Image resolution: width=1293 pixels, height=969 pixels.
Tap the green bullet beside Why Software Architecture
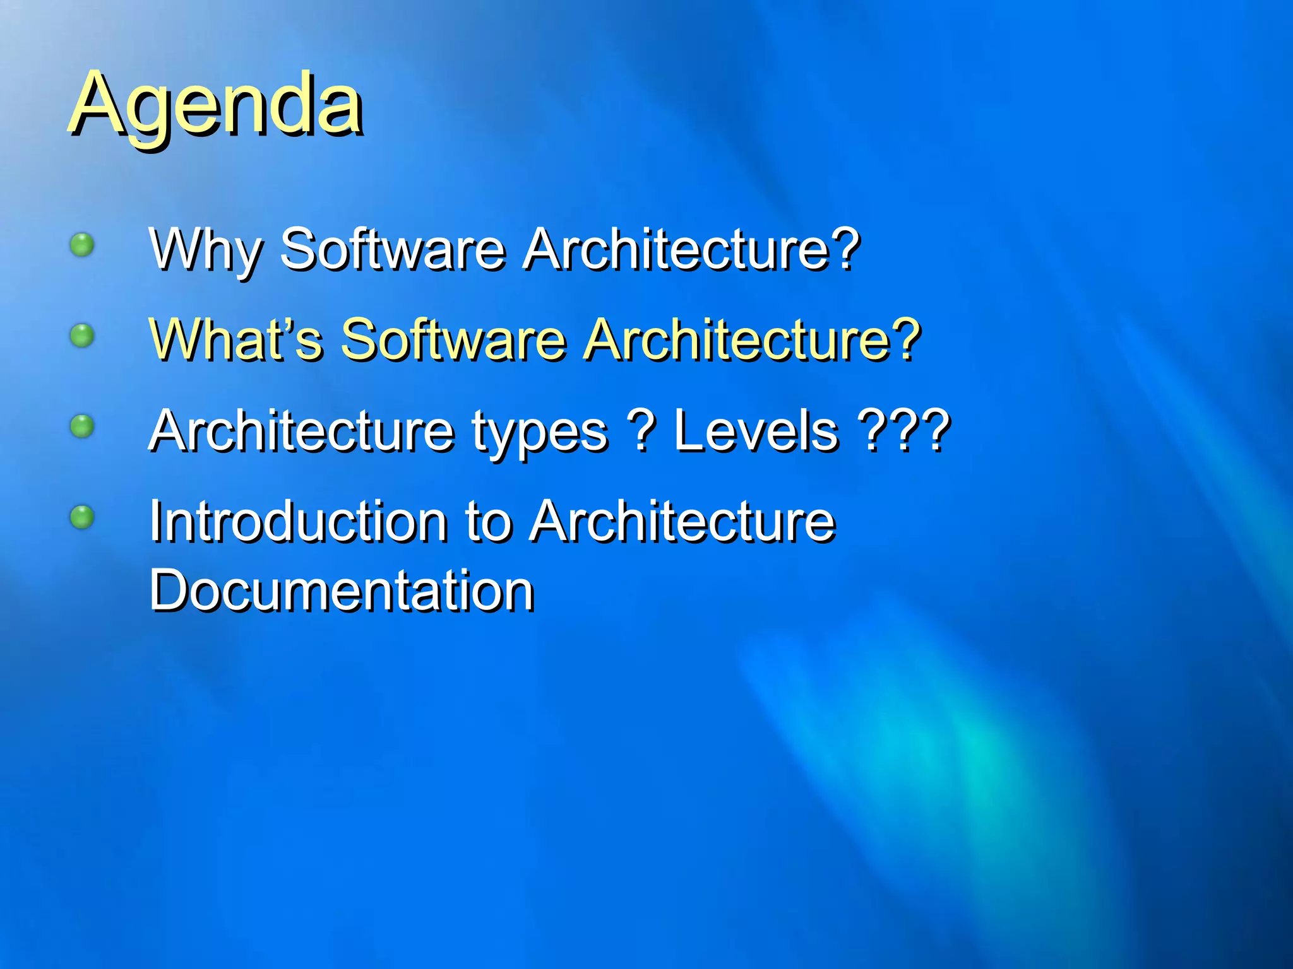click(x=82, y=244)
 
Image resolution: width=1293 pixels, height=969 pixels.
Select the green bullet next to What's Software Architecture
click(x=82, y=336)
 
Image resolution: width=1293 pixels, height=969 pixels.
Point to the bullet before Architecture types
click(x=82, y=426)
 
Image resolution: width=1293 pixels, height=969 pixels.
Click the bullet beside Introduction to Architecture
click(x=82, y=517)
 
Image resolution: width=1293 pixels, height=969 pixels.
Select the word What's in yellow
click(x=236, y=341)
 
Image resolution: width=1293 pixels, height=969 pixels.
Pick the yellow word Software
click(x=453, y=341)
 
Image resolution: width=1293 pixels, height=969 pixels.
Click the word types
click(x=540, y=433)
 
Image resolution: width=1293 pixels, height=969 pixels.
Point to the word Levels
click(x=756, y=432)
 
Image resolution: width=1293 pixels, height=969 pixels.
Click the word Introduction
click(x=299, y=522)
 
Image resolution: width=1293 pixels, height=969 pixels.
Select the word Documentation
click(x=342, y=591)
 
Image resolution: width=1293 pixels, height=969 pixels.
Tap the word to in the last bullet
click(x=488, y=522)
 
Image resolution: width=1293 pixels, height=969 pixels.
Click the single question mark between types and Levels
click(x=642, y=432)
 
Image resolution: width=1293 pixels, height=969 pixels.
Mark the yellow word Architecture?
click(x=751, y=341)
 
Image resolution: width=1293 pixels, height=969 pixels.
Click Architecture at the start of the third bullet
click(x=301, y=432)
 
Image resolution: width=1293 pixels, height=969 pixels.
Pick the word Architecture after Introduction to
click(x=682, y=522)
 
